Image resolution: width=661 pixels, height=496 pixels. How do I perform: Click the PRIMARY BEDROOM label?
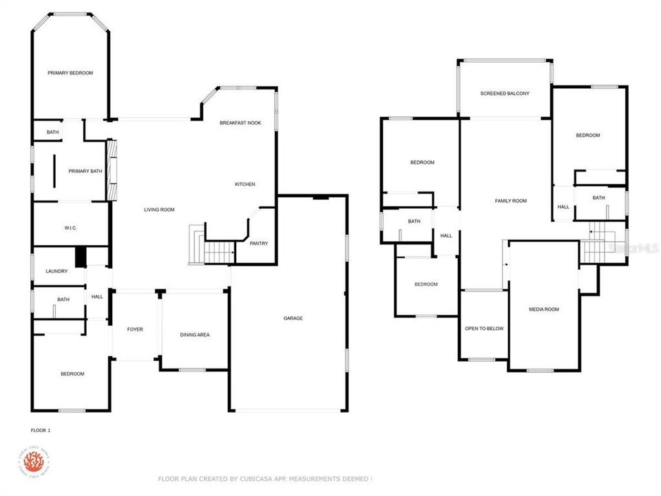tap(70, 73)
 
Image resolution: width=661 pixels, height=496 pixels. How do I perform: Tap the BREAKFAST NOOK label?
tap(240, 123)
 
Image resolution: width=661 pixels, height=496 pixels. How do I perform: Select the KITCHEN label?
tap(245, 184)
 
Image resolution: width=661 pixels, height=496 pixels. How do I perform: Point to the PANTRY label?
tap(259, 243)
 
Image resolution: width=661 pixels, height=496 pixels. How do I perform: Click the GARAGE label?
tap(293, 318)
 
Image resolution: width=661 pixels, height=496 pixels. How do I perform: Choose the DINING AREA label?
tap(195, 335)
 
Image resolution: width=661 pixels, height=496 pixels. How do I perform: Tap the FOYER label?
tap(135, 329)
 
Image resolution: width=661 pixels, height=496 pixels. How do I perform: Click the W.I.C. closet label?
tap(70, 227)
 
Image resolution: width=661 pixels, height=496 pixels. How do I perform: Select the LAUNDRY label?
tap(56, 271)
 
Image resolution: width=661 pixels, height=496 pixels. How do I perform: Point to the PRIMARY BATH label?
tap(85, 171)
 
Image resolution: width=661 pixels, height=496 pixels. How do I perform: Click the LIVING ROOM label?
tap(159, 209)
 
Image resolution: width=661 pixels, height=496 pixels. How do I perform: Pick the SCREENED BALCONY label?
tap(505, 93)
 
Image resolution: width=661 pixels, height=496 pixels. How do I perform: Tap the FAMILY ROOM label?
tap(511, 200)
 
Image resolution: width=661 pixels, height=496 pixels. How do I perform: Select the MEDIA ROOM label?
tap(544, 309)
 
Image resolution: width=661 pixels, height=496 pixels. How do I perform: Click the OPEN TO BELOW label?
tap(484, 329)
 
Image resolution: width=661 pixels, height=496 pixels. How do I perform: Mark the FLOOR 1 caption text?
tap(41, 430)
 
